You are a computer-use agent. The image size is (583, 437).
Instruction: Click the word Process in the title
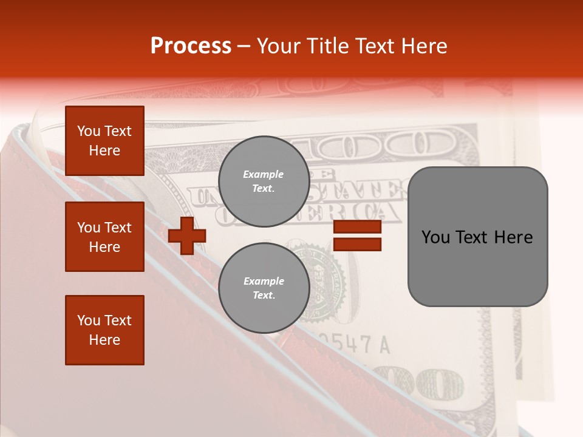(x=191, y=46)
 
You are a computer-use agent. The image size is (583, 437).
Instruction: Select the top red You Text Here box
(x=104, y=141)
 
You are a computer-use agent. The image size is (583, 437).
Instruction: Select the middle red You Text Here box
(x=104, y=237)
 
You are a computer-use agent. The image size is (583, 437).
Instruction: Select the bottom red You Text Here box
(x=104, y=330)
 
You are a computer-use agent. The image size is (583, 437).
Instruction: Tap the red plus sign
(x=187, y=235)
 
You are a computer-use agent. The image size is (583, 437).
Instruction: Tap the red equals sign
(x=358, y=235)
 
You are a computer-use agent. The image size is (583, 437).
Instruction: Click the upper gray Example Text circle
(x=264, y=181)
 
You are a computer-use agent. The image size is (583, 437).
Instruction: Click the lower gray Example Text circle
(x=264, y=288)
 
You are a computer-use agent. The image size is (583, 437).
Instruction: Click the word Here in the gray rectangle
(x=514, y=237)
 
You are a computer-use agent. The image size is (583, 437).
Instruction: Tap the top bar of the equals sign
(x=358, y=227)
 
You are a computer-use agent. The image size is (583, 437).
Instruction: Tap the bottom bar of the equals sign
(x=358, y=244)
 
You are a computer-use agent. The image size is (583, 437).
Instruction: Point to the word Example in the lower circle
(x=264, y=281)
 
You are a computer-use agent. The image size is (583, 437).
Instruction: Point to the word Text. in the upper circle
(x=264, y=189)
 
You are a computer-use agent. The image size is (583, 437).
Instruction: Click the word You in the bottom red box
(x=89, y=320)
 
